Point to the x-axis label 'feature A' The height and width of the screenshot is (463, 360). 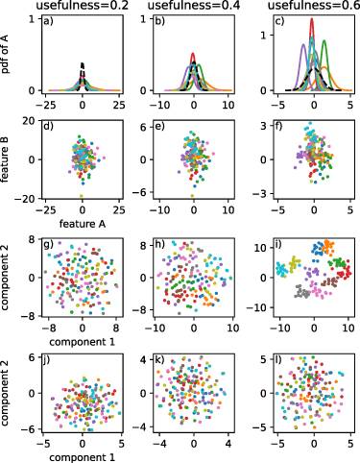click(x=83, y=222)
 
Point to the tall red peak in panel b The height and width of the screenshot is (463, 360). click(x=194, y=56)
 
